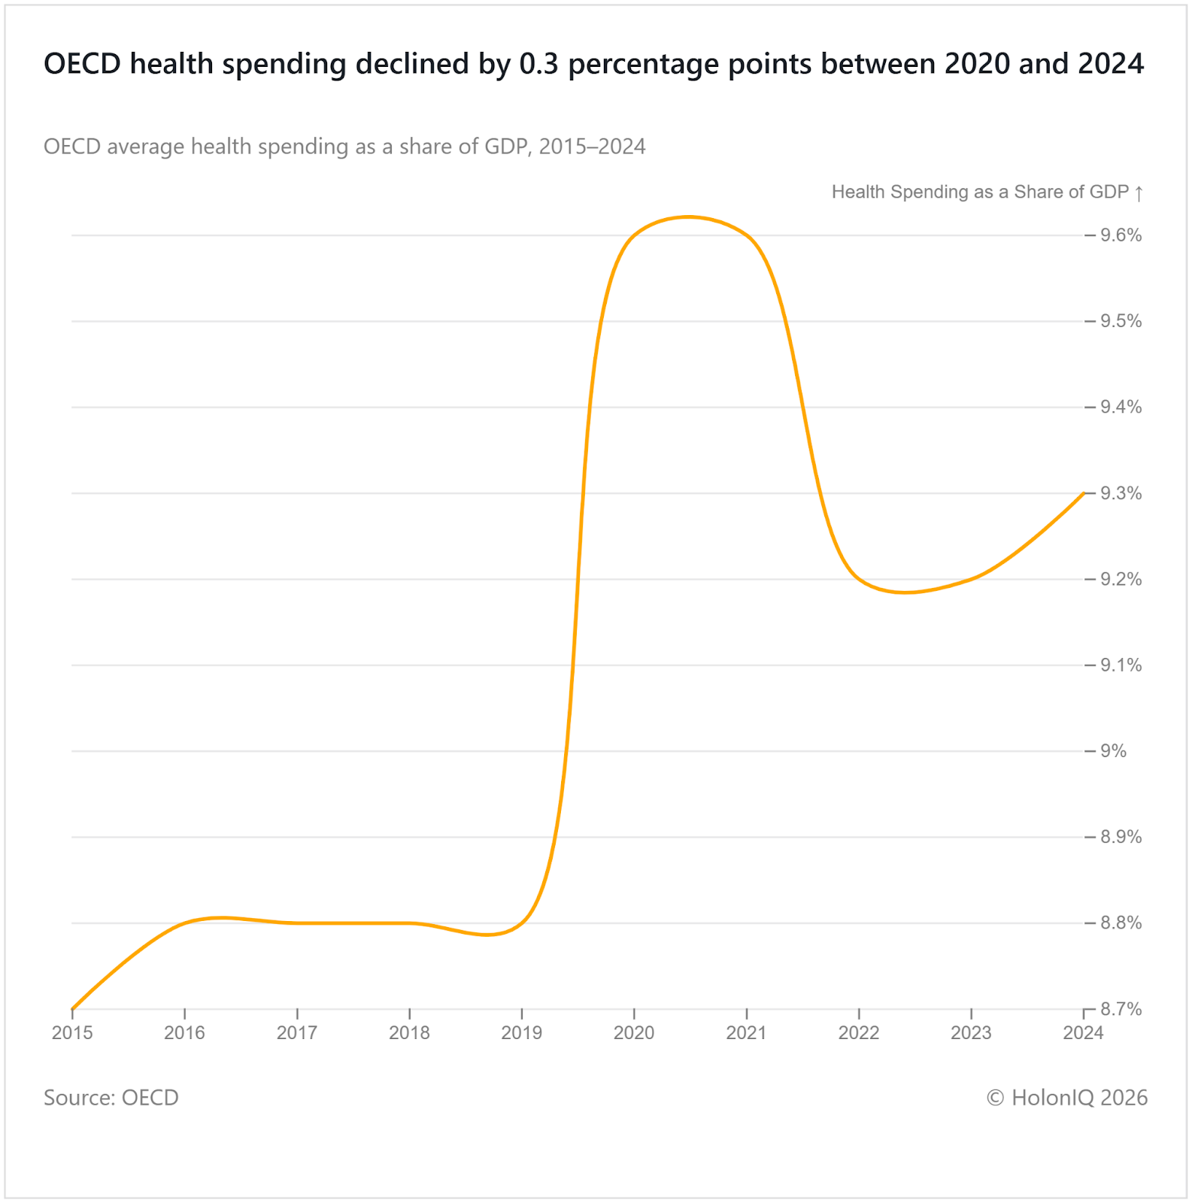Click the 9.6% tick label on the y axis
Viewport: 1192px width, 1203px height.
pyautogui.click(x=1121, y=235)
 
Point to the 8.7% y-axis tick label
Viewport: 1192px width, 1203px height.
pyautogui.click(x=1121, y=1009)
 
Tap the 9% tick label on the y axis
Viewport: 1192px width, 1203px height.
pyautogui.click(x=1113, y=751)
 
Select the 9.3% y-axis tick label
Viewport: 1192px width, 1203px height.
pyautogui.click(x=1121, y=493)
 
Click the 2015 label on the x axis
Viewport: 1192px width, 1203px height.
pyautogui.click(x=72, y=1033)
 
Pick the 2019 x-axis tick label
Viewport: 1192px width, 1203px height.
pyautogui.click(x=522, y=1033)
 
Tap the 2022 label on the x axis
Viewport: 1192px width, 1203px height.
pyautogui.click(x=859, y=1033)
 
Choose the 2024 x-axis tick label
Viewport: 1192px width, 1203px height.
pyautogui.click(x=1083, y=1033)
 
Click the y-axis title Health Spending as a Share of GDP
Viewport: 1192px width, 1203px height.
pyautogui.click(x=980, y=192)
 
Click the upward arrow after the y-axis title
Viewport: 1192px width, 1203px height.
pyautogui.click(x=1139, y=193)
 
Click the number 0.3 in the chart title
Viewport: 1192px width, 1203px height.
pyautogui.click(x=539, y=65)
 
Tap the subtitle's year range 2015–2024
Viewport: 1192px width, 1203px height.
pyautogui.click(x=592, y=147)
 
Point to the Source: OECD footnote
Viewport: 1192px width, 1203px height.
pyautogui.click(x=111, y=1098)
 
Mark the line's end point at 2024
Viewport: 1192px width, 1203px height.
pyautogui.click(x=1083, y=493)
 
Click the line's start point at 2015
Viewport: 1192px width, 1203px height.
pyautogui.click(x=73, y=1008)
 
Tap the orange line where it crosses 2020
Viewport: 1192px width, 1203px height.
pyautogui.click(x=634, y=236)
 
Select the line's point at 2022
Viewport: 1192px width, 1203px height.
pyautogui.click(x=859, y=579)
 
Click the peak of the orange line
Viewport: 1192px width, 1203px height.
pyautogui.click(x=689, y=217)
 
